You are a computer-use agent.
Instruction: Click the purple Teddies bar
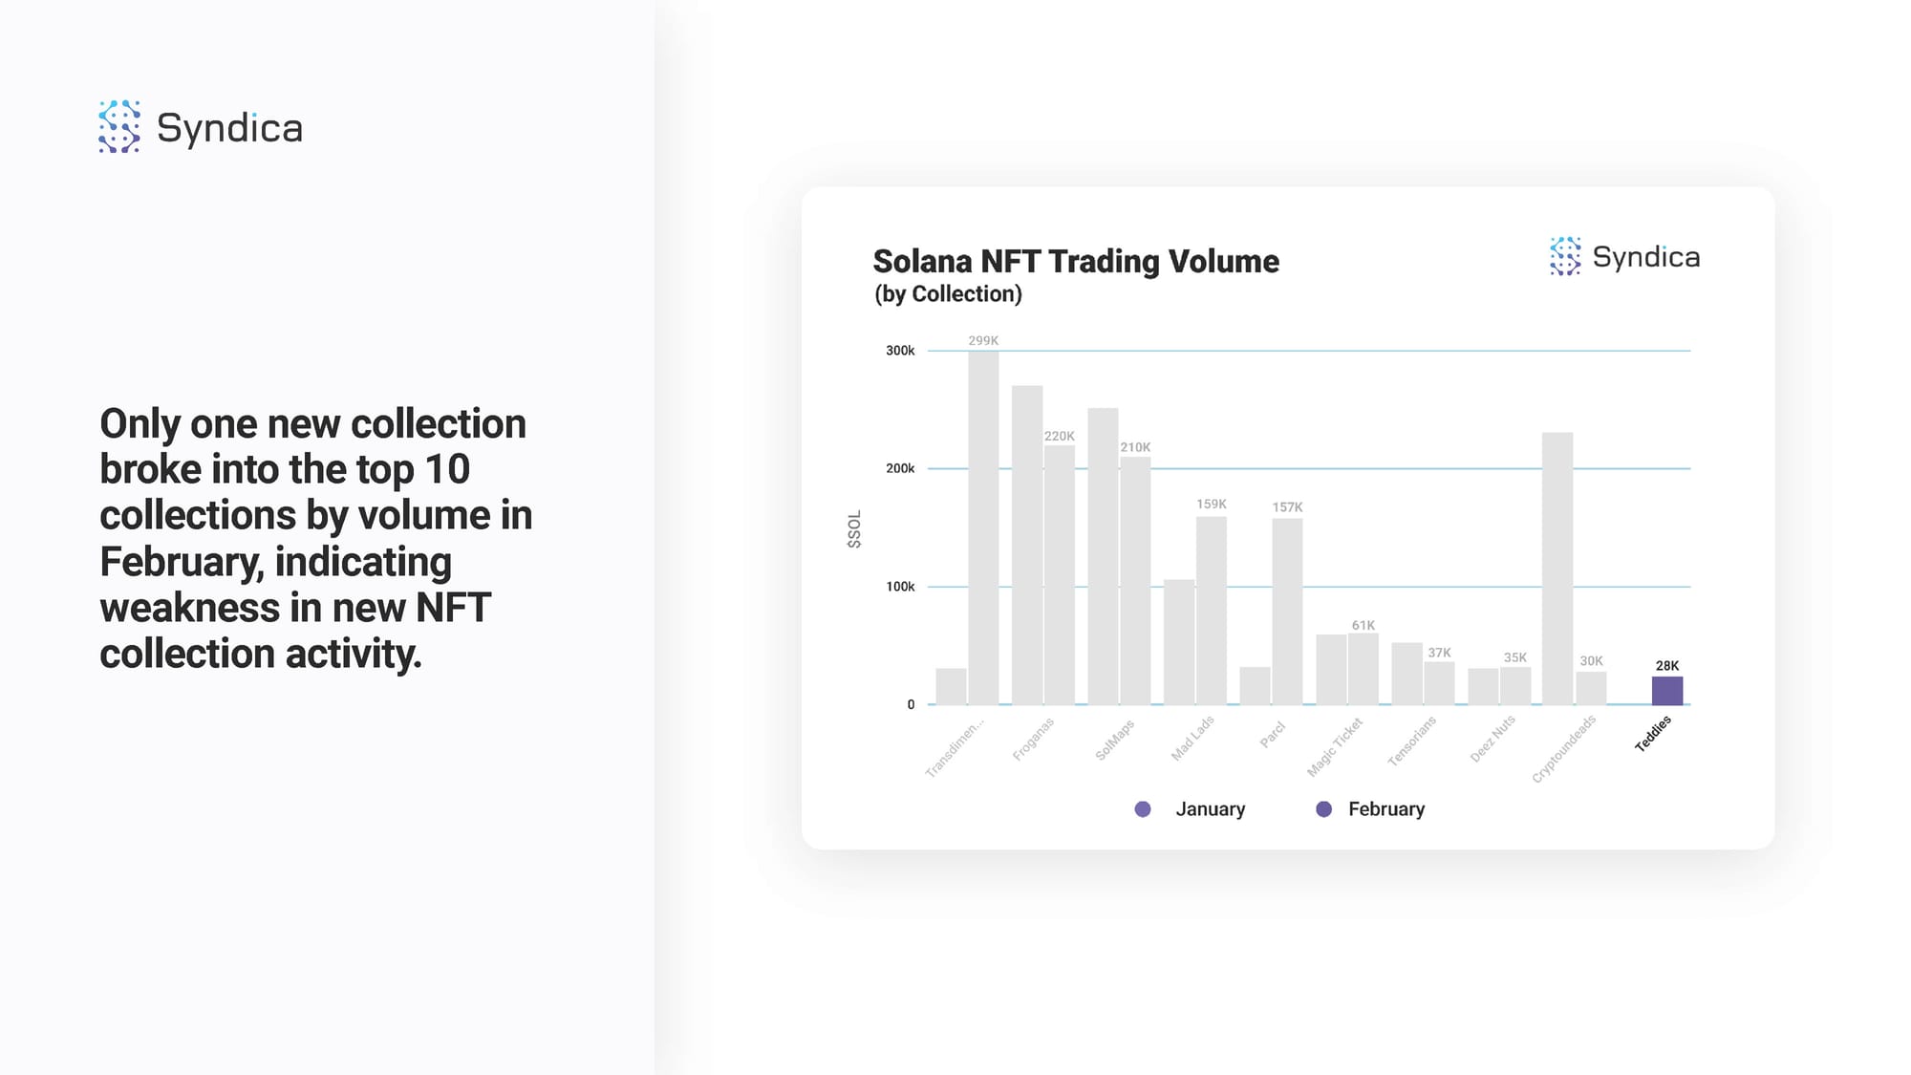pyautogui.click(x=1667, y=690)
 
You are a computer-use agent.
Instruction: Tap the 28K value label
pyautogui.click(x=1667, y=666)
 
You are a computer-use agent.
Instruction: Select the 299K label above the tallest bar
pyautogui.click(x=983, y=340)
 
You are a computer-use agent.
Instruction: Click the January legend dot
pyautogui.click(x=1143, y=809)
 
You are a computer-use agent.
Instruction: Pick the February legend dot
pyautogui.click(x=1323, y=809)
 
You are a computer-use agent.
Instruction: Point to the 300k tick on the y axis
pyautogui.click(x=900, y=351)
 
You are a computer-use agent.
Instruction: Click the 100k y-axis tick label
pyautogui.click(x=900, y=587)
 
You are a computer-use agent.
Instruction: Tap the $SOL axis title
pyautogui.click(x=854, y=528)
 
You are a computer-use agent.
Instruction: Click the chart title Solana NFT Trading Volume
pyautogui.click(x=1076, y=261)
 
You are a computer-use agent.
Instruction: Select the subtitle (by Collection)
pyautogui.click(x=948, y=294)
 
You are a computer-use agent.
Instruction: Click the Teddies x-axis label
pyautogui.click(x=1653, y=733)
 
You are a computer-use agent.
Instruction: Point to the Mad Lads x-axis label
pyautogui.click(x=1192, y=738)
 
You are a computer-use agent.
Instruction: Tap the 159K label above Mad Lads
pyautogui.click(x=1212, y=504)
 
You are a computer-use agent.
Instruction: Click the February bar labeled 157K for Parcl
pyautogui.click(x=1287, y=612)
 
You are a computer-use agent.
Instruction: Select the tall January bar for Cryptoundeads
pyautogui.click(x=1557, y=569)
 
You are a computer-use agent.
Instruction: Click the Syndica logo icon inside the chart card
pyautogui.click(x=1565, y=256)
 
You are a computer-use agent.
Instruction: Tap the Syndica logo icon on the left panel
pyautogui.click(x=119, y=126)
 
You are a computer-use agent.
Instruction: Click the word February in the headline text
pyautogui.click(x=181, y=562)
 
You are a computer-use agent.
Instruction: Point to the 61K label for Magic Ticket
pyautogui.click(x=1363, y=625)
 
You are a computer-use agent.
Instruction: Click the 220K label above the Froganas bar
pyautogui.click(x=1059, y=436)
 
